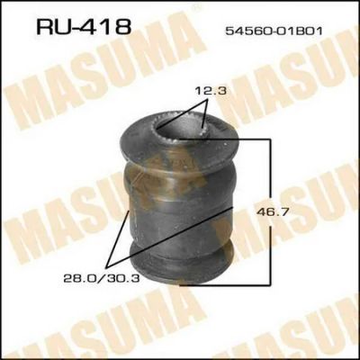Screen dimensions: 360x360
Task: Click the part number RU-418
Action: coord(84,26)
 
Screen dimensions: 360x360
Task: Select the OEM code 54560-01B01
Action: coord(274,31)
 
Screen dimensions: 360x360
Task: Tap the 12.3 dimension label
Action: coord(210,90)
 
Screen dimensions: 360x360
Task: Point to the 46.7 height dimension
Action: coord(273,212)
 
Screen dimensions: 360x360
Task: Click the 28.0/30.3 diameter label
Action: coord(102,279)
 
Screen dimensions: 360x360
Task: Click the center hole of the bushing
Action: coord(179,126)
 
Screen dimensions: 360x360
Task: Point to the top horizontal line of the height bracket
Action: coord(224,139)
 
